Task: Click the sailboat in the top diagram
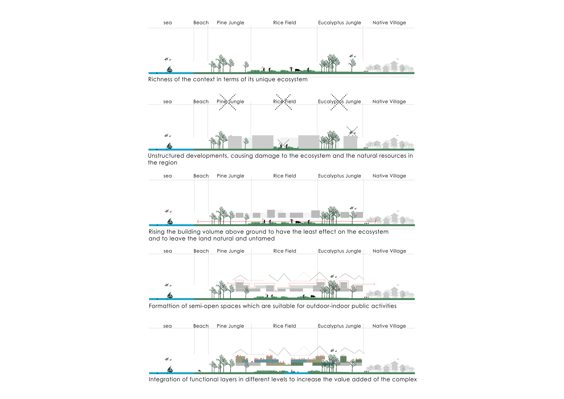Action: coord(169,69)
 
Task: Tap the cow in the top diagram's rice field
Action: coord(298,70)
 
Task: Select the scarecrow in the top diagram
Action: coord(291,69)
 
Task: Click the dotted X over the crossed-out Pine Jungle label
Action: coord(228,102)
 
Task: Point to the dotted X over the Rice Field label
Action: coord(283,102)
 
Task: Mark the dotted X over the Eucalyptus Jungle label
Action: coord(339,102)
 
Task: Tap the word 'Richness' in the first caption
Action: coord(160,79)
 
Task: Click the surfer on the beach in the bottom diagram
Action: coord(199,370)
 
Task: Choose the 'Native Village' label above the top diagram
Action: coord(389,23)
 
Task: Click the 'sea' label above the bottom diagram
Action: coord(168,326)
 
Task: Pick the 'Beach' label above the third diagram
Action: coord(201,176)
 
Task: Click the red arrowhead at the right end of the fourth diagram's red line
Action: coord(374,284)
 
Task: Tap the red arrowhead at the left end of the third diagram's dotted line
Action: coord(198,222)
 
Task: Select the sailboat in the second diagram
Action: coord(169,146)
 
